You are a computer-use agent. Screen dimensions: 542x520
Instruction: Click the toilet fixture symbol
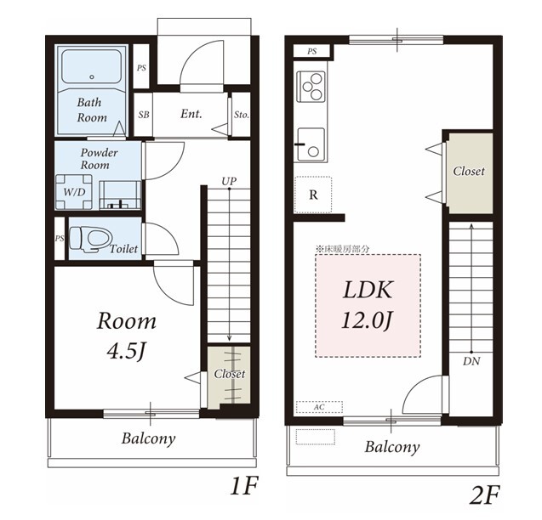point(91,238)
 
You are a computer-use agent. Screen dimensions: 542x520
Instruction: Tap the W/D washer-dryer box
point(74,192)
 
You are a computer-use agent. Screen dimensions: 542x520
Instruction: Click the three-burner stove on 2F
point(311,87)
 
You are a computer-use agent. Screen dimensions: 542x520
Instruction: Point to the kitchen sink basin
point(311,144)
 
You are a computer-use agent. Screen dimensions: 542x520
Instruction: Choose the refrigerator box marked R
point(313,195)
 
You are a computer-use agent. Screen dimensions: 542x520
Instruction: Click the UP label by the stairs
point(229,181)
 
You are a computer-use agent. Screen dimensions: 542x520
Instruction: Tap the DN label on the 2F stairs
point(471,361)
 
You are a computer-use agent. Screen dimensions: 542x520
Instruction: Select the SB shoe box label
point(144,115)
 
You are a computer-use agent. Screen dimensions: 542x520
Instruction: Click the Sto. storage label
point(242,115)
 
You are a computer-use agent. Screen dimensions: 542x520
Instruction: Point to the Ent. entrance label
point(191,114)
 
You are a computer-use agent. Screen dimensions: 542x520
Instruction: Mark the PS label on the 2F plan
point(311,52)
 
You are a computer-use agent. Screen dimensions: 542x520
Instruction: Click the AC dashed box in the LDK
point(319,407)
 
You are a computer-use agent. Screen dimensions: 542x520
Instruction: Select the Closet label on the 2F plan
point(469,171)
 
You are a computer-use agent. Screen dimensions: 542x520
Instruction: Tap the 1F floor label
point(244,487)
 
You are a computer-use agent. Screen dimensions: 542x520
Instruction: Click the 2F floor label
point(484,495)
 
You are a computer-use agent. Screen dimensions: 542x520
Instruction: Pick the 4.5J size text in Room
point(125,351)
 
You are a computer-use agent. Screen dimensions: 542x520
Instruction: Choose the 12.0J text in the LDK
point(367,320)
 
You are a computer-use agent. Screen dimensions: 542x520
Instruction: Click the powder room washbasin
point(120,195)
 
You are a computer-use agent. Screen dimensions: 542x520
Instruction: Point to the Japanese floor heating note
point(343,249)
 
